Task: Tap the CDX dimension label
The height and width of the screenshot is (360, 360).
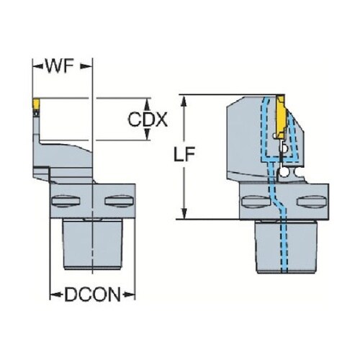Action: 148,120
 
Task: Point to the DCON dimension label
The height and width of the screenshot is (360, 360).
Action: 92,294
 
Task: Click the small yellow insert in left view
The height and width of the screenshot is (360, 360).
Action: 36,103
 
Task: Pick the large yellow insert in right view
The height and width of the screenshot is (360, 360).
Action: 282,117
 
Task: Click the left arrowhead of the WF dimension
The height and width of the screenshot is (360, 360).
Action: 37,66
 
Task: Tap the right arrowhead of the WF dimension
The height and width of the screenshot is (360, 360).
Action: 86,66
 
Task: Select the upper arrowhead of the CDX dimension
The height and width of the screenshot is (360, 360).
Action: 147,104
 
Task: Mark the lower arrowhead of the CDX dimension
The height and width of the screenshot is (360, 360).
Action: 147,134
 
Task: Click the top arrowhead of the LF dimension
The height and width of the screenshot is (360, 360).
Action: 184,100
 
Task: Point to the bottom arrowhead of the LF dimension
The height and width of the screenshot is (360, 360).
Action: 184,214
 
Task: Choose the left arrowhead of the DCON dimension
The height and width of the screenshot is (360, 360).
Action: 56,294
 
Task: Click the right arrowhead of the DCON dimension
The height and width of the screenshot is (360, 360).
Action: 129,294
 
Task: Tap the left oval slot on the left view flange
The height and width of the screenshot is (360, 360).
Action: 66,201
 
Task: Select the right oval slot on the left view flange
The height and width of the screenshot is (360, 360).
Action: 119,201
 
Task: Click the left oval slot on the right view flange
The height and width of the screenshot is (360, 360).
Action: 256,201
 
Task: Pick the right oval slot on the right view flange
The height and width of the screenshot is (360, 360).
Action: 312,201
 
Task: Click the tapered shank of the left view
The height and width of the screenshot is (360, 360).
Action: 93,244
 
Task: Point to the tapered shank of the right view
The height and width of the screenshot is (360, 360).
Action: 286,247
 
